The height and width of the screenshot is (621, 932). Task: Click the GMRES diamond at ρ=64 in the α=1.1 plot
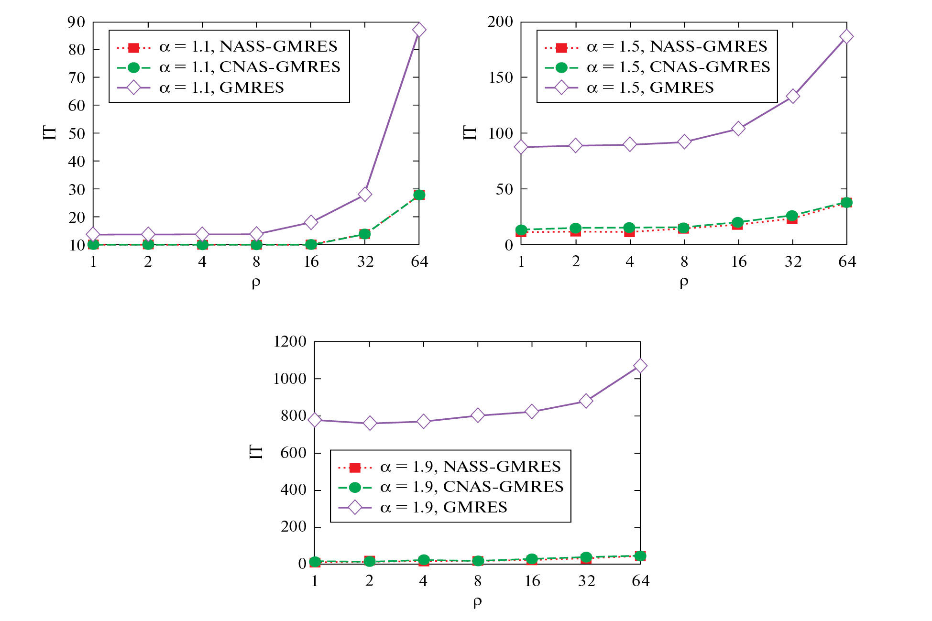(x=419, y=30)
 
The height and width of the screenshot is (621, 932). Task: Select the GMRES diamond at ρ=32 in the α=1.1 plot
(x=365, y=194)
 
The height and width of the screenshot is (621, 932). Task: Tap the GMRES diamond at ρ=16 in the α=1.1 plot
(x=311, y=222)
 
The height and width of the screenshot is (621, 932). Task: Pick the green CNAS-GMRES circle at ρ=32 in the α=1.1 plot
(x=365, y=234)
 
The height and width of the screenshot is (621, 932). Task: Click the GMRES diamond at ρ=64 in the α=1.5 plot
(x=846, y=36)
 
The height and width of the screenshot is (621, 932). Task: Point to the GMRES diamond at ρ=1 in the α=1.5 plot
(x=521, y=147)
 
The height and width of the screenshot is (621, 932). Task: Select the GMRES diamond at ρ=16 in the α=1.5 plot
(x=738, y=129)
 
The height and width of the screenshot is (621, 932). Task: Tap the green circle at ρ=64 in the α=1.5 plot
(x=846, y=202)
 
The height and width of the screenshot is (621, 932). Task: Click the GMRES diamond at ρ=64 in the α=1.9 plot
(x=640, y=366)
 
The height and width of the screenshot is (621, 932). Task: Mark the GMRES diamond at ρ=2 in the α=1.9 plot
(x=369, y=423)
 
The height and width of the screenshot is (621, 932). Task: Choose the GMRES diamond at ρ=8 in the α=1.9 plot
(x=477, y=415)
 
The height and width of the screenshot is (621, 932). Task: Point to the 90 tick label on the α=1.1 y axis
(x=77, y=22)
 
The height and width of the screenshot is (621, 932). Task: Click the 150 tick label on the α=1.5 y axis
(x=501, y=77)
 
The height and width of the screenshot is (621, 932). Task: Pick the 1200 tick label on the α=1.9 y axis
(x=290, y=341)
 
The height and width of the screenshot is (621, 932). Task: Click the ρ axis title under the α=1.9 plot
(x=477, y=602)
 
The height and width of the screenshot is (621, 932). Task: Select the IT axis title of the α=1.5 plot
(x=470, y=132)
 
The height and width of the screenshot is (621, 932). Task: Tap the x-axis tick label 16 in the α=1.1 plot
(x=311, y=261)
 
